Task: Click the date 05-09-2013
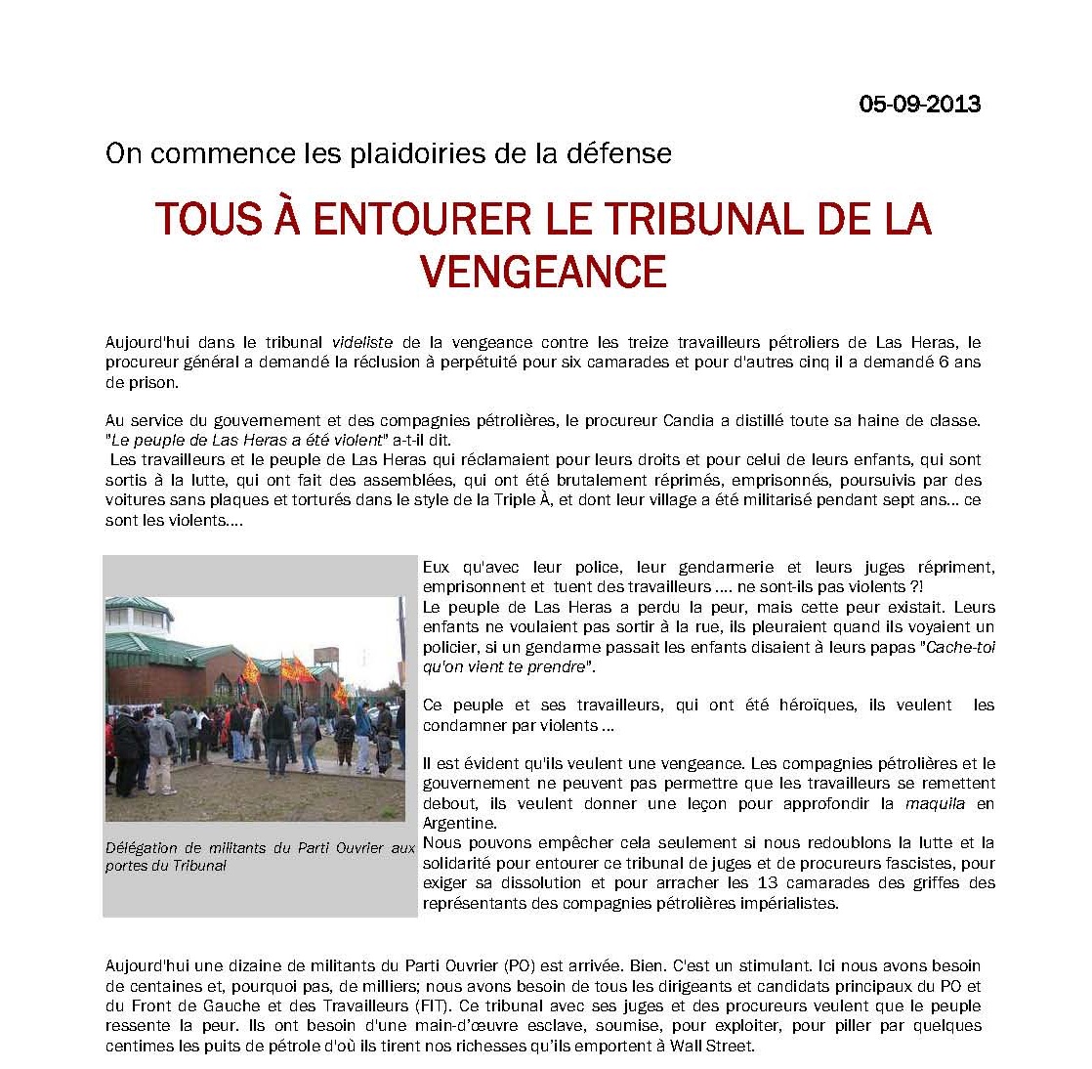[x=919, y=104]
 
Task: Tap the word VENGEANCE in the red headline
[x=544, y=271]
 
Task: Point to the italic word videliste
[x=363, y=342]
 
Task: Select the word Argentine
[x=459, y=823]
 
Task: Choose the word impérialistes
[x=777, y=902]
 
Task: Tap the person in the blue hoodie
[x=363, y=727]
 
